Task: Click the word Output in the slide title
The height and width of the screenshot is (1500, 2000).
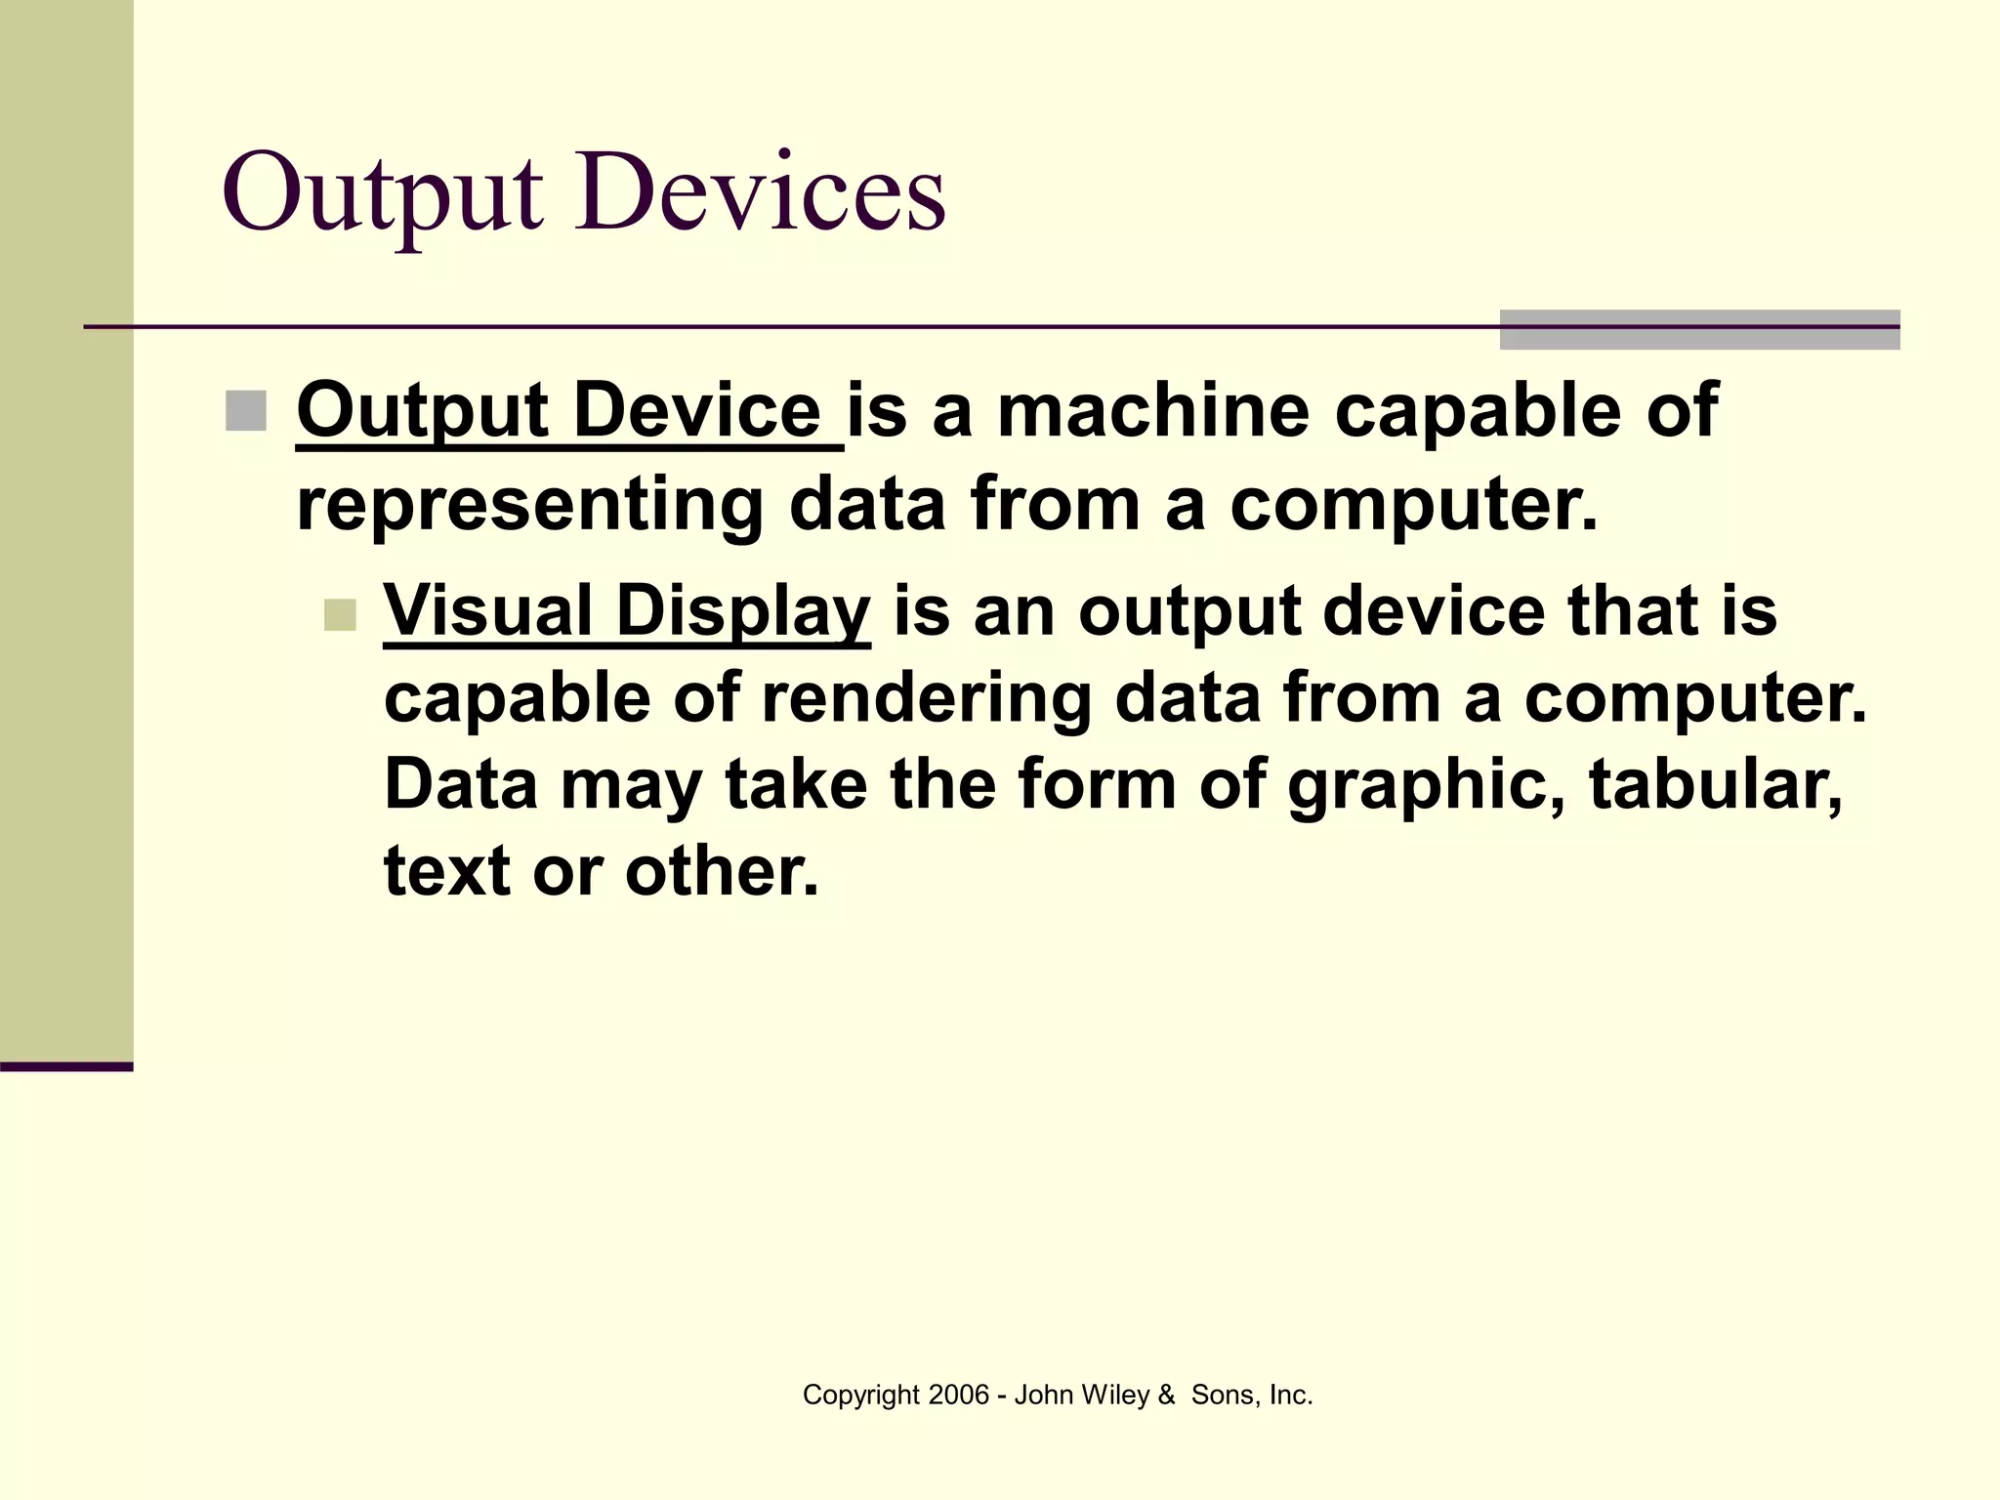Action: click(382, 193)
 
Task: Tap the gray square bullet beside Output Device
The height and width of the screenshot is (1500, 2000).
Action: click(245, 411)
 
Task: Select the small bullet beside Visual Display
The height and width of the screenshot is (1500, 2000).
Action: click(340, 615)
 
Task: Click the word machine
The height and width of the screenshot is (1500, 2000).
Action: click(1153, 410)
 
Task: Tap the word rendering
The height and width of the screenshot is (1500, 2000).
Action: click(926, 699)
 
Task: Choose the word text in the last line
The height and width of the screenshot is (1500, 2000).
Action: click(446, 871)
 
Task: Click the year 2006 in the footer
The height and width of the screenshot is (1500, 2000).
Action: click(958, 1396)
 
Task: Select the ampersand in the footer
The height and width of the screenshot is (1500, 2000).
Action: click(1166, 1396)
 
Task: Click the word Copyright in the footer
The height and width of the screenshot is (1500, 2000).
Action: click(860, 1396)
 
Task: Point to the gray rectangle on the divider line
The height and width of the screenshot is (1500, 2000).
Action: click(1699, 330)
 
